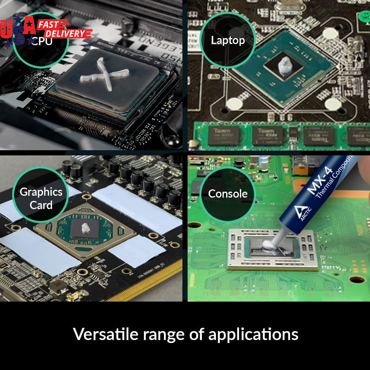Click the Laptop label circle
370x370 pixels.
coord(228,40)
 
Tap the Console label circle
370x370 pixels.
coord(228,194)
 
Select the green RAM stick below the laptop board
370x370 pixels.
coord(281,135)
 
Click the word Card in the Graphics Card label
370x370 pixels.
coord(41,205)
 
